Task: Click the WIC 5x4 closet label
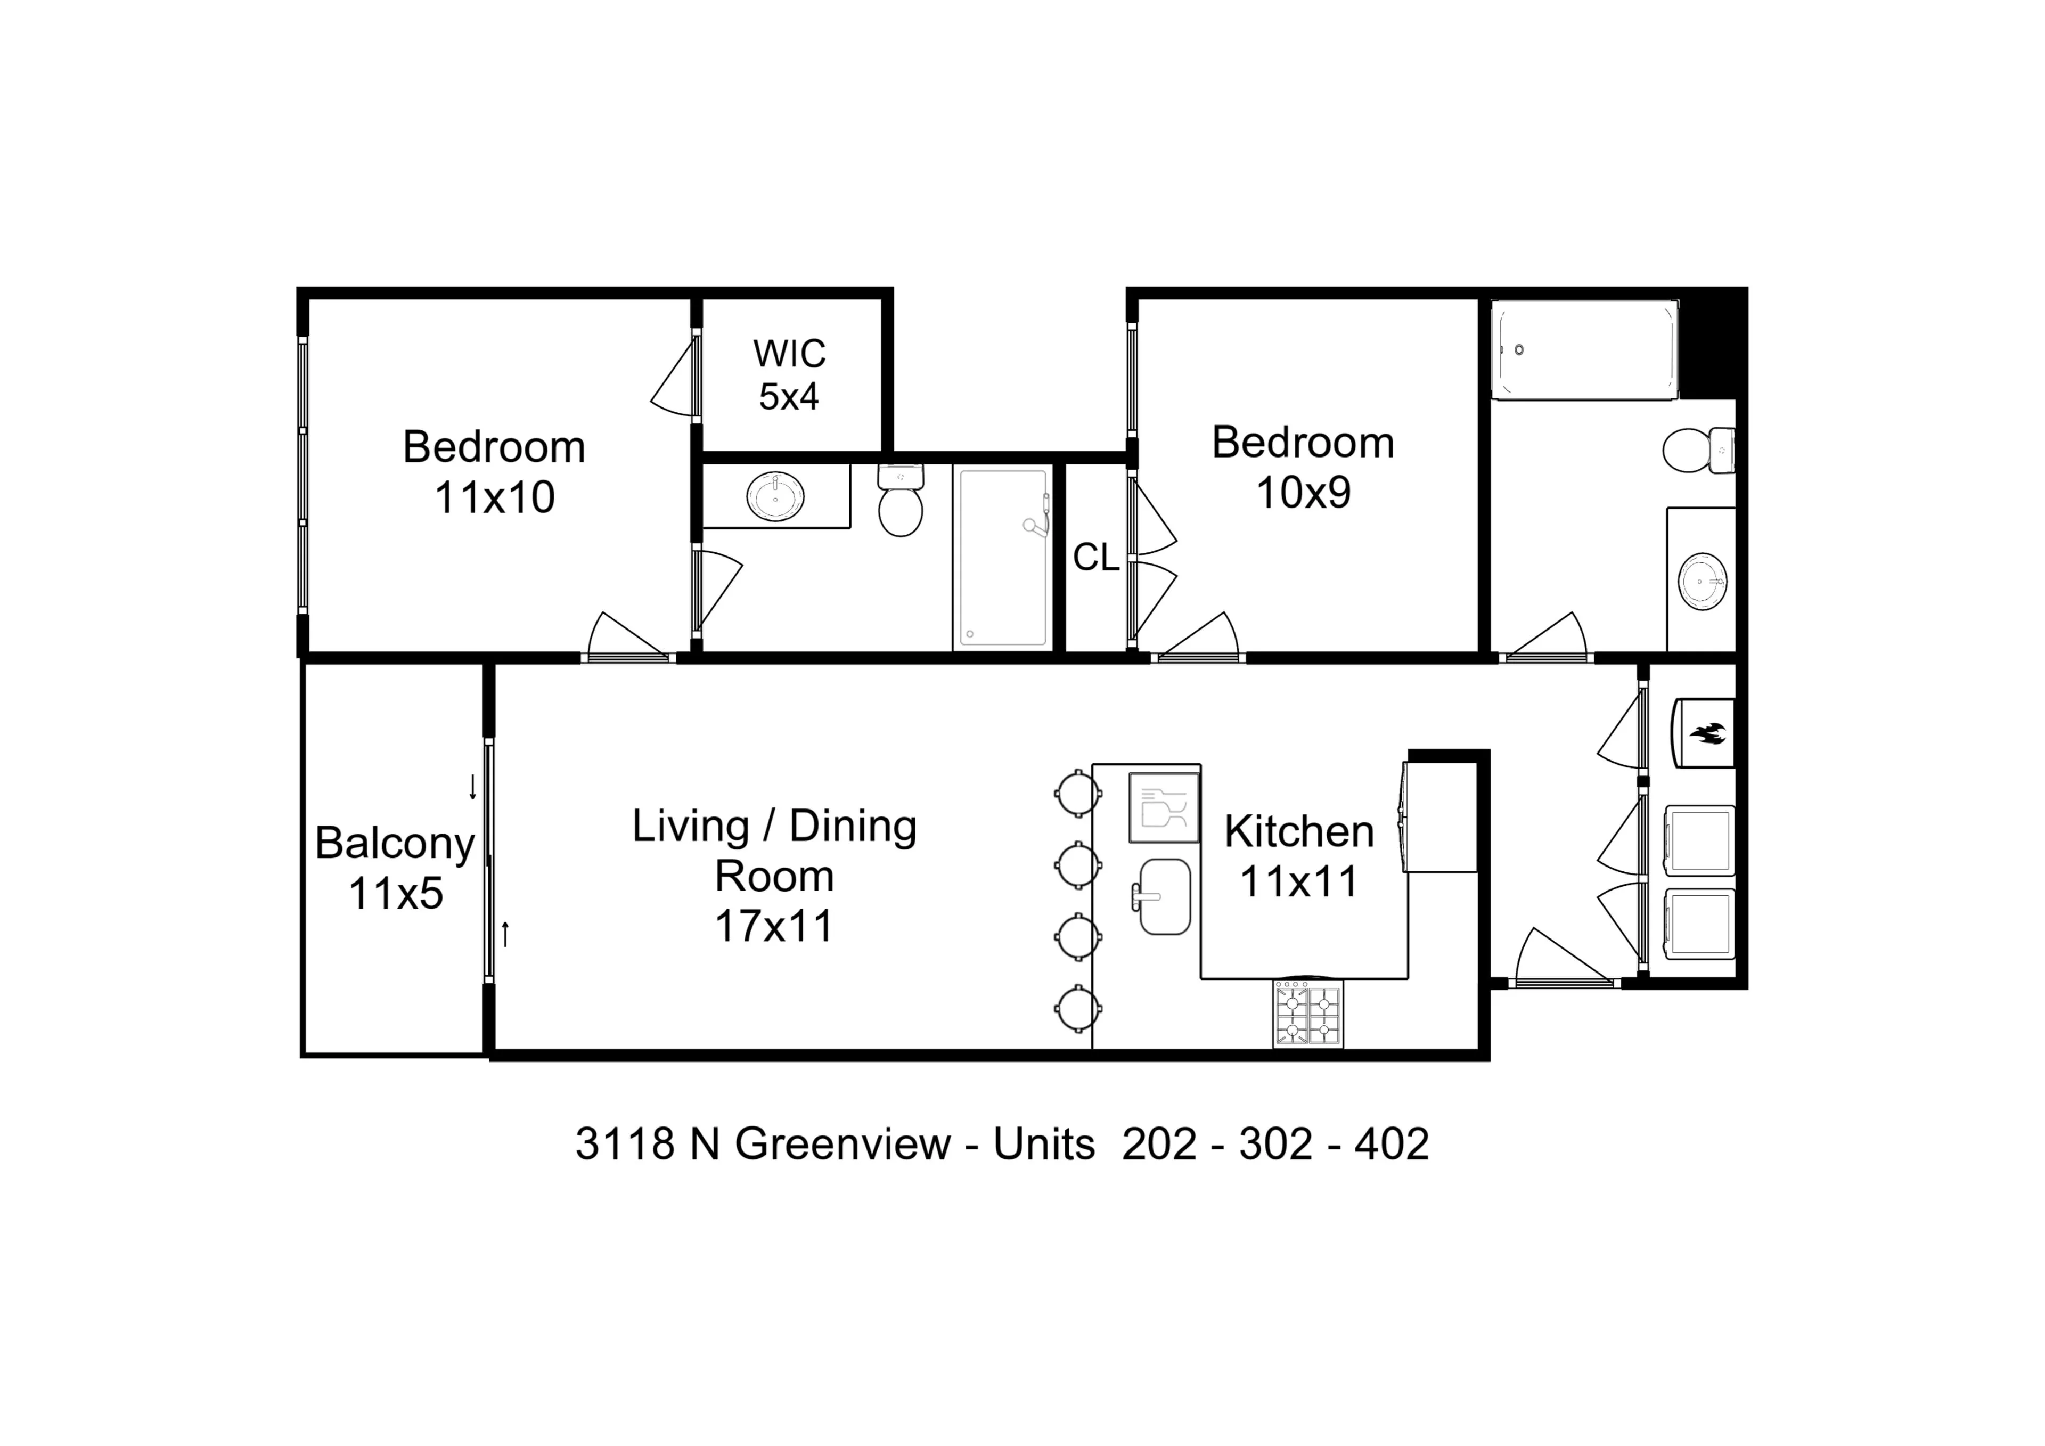[789, 375]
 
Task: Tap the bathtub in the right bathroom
[1584, 350]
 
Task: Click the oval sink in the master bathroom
[775, 496]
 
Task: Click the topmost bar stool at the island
[1077, 792]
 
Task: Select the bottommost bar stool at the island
[1077, 1009]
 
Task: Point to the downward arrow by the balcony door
[473, 787]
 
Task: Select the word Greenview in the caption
[842, 1144]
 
